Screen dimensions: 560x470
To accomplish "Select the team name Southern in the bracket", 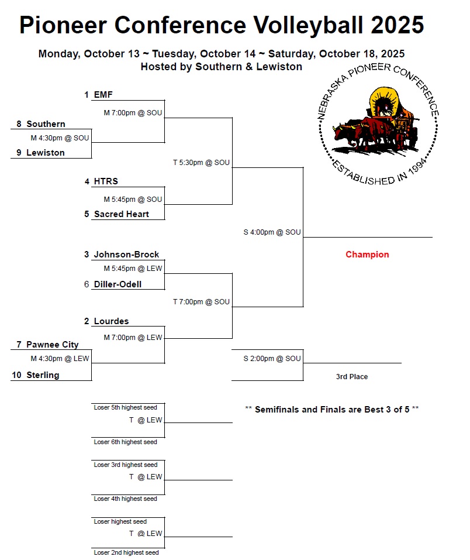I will [46, 124].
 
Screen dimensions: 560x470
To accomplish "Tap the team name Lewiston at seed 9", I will [46, 153].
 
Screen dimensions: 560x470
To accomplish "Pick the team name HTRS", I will [106, 182].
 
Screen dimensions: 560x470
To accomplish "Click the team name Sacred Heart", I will [121, 214].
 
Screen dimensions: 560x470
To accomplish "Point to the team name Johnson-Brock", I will [126, 255].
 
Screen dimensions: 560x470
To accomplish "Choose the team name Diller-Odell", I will [117, 284].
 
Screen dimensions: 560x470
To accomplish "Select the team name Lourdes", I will [111, 321].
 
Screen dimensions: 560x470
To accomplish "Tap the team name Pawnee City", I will [52, 345].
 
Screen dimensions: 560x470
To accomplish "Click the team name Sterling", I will [43, 375].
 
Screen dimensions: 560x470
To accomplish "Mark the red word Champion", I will [367, 255].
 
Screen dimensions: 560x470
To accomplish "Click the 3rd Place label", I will [352, 377].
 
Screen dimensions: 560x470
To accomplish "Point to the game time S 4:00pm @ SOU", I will [272, 232].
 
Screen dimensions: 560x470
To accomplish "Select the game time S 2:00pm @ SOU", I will [272, 359].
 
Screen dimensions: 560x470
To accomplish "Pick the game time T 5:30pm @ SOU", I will [201, 163].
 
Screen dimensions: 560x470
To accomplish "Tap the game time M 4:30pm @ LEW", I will [60, 359].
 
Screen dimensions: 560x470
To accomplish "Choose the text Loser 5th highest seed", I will [125, 407].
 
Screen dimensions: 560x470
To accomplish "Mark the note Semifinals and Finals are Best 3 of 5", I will [331, 410].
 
